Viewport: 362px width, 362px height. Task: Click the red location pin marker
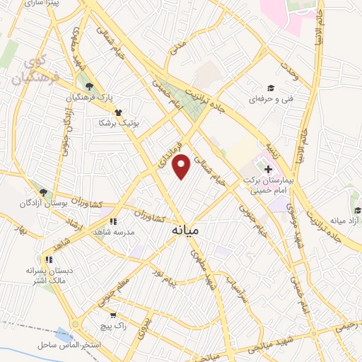(182, 166)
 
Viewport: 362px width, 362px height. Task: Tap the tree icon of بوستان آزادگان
(43, 192)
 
